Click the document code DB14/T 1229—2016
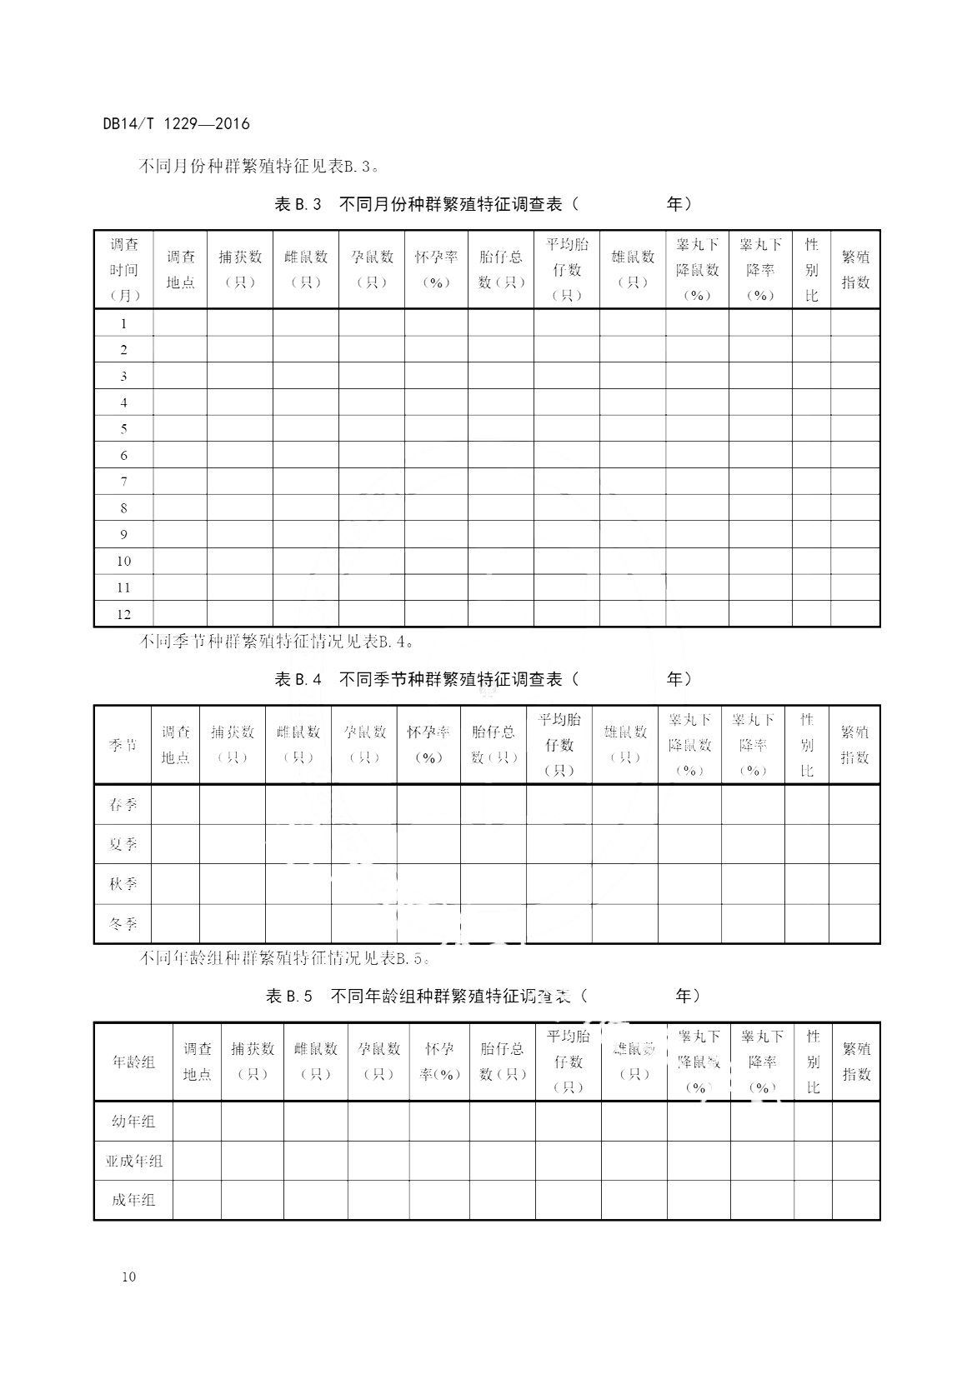pos(176,124)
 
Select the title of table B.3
pos(482,204)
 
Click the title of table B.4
pos(483,679)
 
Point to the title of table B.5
pos(483,996)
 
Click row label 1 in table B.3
pos(124,323)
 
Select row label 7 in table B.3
pos(124,482)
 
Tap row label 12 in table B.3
pos(124,614)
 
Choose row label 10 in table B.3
pos(124,561)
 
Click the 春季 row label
pos(123,805)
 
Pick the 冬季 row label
pos(123,924)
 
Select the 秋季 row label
pos(123,884)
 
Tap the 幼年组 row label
pos(133,1122)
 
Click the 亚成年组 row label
pos(133,1161)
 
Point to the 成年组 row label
pos(133,1200)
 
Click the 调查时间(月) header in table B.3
pos(124,270)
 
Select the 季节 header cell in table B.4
pos(123,745)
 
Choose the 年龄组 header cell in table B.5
pos(133,1062)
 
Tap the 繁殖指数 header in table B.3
pos(855,270)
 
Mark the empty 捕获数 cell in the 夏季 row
pos(233,844)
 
